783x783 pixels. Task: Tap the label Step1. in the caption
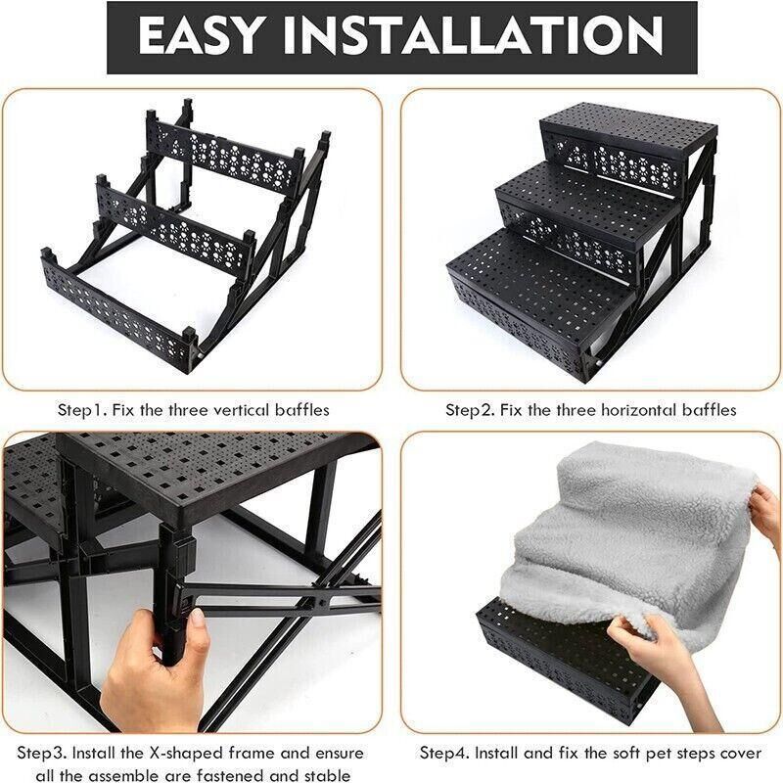point(82,410)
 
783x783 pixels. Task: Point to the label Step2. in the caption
point(471,410)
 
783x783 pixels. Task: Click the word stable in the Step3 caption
point(326,775)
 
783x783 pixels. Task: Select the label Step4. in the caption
point(445,754)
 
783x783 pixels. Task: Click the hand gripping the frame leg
point(155,664)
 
